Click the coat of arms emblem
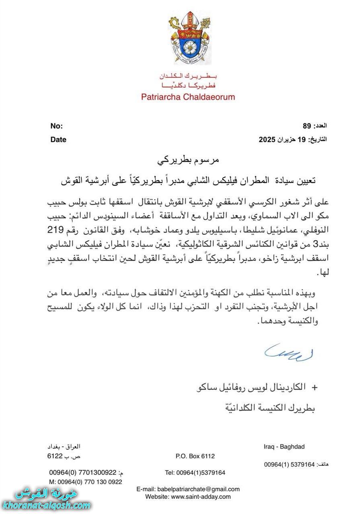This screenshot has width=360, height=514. [188, 39]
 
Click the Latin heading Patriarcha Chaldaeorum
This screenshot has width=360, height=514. [188, 97]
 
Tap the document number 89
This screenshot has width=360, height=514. [307, 126]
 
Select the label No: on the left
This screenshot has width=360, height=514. [56, 126]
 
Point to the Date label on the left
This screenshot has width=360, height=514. [58, 140]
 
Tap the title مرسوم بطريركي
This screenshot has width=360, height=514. [188, 161]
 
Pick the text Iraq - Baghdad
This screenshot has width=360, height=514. [284, 447]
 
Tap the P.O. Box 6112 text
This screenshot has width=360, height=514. [195, 456]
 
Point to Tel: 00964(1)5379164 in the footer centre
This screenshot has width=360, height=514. [195, 472]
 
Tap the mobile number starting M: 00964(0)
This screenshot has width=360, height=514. [86, 481]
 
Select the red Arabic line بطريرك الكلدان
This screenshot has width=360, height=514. [188, 76]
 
